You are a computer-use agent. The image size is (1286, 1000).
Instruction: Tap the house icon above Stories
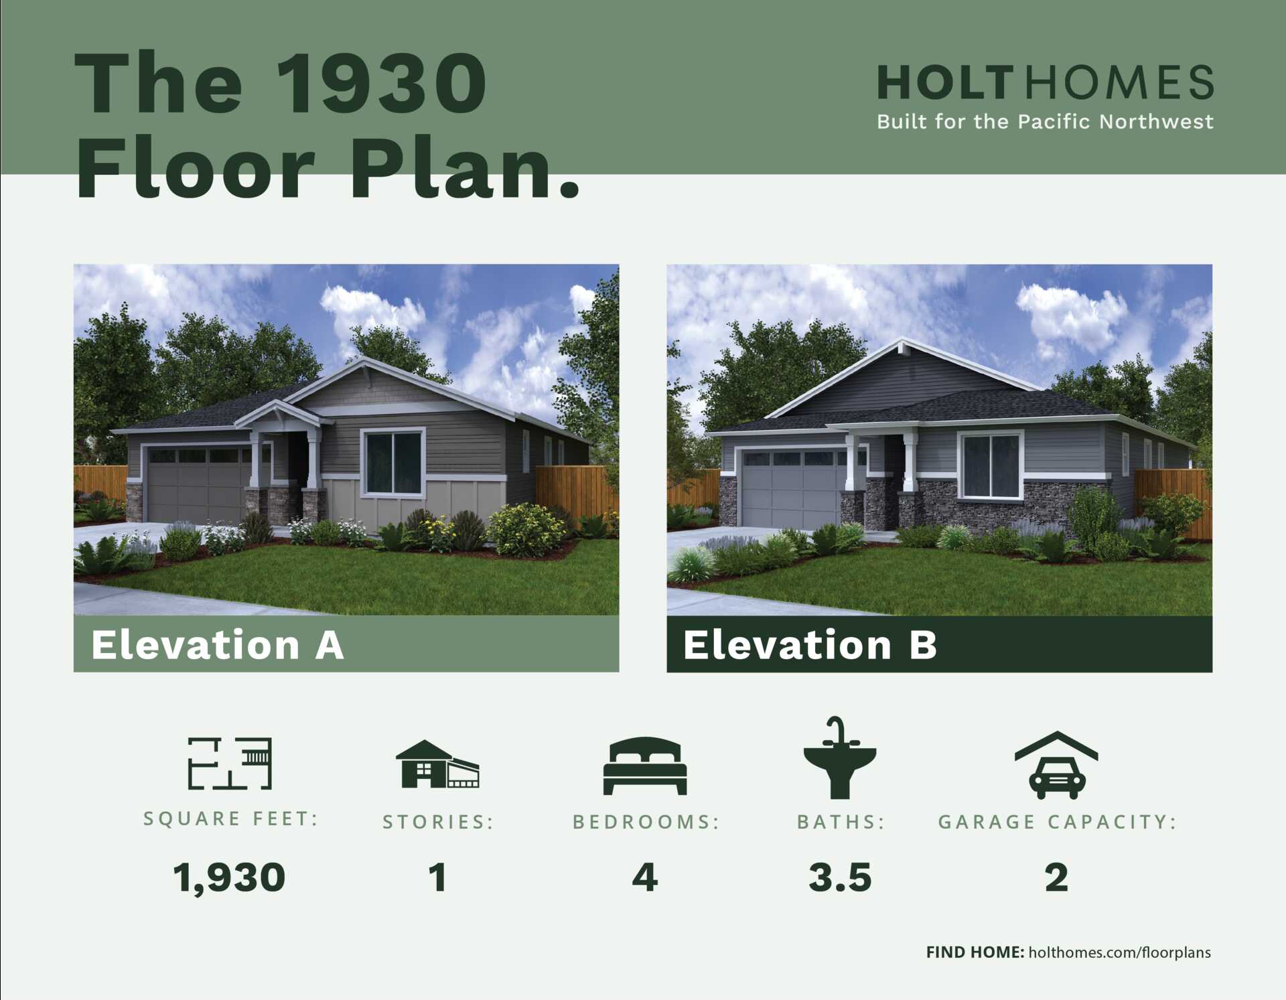click(437, 764)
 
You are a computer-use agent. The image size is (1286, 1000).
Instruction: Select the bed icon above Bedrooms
click(645, 766)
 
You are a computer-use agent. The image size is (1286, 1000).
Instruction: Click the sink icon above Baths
click(840, 758)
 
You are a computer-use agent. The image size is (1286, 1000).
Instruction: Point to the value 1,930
click(229, 877)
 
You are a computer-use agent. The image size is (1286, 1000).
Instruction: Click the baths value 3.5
click(840, 877)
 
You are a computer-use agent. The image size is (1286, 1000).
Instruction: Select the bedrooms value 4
click(645, 877)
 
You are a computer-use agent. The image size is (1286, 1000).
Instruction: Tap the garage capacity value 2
click(1056, 877)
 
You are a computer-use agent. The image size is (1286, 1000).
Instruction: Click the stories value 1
click(438, 877)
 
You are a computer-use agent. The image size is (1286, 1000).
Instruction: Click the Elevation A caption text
click(218, 644)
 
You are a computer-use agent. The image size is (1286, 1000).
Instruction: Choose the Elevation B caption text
click(810, 644)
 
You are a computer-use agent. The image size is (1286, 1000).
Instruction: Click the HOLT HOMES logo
click(1045, 82)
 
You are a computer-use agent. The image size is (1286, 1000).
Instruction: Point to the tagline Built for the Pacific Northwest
click(1045, 122)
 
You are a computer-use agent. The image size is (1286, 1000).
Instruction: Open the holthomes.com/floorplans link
click(1119, 952)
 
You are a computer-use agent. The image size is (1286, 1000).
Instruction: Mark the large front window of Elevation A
click(394, 462)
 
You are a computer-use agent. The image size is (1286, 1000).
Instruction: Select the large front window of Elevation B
click(991, 466)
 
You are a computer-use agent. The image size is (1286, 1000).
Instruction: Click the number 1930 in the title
click(382, 83)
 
